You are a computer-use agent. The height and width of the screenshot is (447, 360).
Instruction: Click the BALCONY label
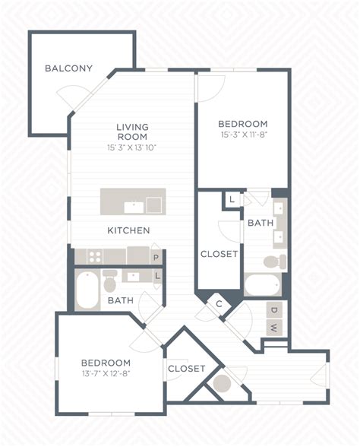(68, 68)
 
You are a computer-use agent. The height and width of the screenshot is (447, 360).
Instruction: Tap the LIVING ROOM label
(133, 132)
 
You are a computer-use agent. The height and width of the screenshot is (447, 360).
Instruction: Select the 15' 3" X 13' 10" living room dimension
(132, 147)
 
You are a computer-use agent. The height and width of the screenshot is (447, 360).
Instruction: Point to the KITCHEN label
(128, 230)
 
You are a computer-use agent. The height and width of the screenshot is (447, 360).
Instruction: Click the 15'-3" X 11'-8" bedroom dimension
(244, 135)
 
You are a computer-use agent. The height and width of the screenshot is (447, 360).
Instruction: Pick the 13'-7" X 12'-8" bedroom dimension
(106, 373)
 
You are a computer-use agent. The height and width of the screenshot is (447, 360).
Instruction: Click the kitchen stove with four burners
(95, 256)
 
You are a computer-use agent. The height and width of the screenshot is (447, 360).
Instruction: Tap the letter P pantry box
(156, 258)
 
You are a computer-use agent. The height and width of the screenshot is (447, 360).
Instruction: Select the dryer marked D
(274, 310)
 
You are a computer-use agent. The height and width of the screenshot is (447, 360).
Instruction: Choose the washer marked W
(274, 328)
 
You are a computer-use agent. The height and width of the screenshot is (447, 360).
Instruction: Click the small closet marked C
(219, 304)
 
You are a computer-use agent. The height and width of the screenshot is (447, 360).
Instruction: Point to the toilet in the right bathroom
(275, 262)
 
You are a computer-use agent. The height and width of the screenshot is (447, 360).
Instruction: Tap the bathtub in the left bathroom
(87, 290)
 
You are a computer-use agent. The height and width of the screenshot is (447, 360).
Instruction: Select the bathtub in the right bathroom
(263, 284)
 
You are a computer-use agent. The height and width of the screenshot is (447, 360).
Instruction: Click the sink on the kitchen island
(134, 207)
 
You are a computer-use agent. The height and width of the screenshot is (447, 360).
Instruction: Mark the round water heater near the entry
(222, 383)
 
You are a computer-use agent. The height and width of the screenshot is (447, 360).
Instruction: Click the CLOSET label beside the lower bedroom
(187, 369)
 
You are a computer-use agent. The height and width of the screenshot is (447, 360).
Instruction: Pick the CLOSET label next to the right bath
(219, 254)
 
